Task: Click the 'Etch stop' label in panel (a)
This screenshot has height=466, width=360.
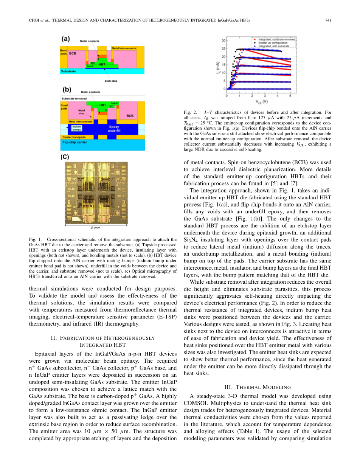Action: point(110,80)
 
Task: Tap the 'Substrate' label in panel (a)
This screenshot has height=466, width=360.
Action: point(68,71)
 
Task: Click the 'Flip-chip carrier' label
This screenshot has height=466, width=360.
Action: point(74,143)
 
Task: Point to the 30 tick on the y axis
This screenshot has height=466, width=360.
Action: point(224,40)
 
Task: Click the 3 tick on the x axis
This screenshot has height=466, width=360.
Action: point(265,96)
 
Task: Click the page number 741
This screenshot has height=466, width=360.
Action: point(328,20)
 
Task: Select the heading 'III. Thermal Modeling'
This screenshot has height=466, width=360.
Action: point(258,387)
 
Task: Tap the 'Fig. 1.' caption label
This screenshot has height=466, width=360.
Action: point(35,239)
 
